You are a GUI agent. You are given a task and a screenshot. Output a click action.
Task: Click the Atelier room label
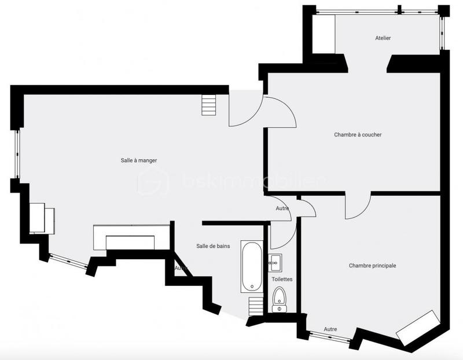tap(383, 38)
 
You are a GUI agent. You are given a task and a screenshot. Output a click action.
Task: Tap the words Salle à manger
tap(135, 160)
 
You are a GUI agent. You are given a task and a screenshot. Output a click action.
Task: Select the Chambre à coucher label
tap(358, 135)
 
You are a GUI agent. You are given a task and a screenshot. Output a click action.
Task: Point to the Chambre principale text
tap(372, 266)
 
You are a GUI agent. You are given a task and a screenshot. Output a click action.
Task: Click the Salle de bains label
tap(213, 246)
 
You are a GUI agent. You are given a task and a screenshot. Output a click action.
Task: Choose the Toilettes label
tap(282, 279)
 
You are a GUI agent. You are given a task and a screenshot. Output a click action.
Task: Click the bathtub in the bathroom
tap(252, 267)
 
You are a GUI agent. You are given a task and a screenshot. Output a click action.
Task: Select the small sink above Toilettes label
tap(275, 263)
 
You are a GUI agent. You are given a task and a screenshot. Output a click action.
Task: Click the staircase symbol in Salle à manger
tap(208, 105)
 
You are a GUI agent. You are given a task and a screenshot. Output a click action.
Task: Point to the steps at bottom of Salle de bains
tap(255, 306)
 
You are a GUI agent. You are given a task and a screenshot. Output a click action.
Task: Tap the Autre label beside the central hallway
tap(282, 208)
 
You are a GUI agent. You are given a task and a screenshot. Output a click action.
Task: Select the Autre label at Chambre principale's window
tap(330, 329)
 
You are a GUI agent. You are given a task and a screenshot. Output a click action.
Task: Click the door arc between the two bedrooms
tap(358, 206)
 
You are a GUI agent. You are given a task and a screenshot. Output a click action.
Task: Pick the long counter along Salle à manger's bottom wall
tap(131, 237)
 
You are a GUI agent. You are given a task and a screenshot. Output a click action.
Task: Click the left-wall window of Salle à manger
tap(17, 155)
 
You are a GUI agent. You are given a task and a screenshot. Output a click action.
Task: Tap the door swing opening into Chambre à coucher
tap(281, 112)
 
